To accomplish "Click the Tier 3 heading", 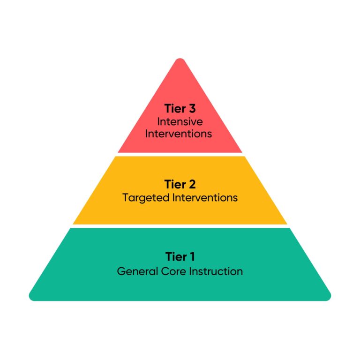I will [x=180, y=109].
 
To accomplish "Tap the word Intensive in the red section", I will [x=180, y=121].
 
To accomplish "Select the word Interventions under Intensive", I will [x=179, y=134].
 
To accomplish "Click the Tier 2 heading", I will [x=180, y=184].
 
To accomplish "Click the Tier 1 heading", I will [x=180, y=256].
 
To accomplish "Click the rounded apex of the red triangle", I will [x=180, y=60].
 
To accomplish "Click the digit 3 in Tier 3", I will [x=192, y=109].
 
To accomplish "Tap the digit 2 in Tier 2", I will [x=192, y=184].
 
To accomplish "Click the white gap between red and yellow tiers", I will [x=180, y=154].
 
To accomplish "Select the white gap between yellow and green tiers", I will [x=180, y=226].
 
